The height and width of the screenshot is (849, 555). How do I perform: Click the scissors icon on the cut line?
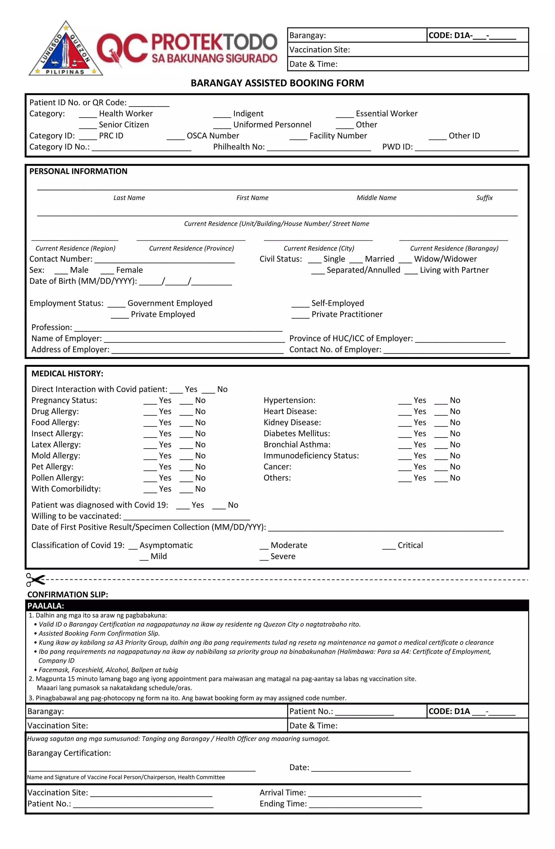35,579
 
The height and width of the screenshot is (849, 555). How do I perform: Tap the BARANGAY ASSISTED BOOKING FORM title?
277,83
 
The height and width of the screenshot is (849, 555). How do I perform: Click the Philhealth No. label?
239,147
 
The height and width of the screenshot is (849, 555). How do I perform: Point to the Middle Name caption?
376,198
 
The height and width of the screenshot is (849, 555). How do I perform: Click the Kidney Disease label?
292,422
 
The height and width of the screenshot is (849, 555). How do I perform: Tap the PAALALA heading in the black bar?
46,606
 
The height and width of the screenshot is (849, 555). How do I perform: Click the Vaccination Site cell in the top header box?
407,50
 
